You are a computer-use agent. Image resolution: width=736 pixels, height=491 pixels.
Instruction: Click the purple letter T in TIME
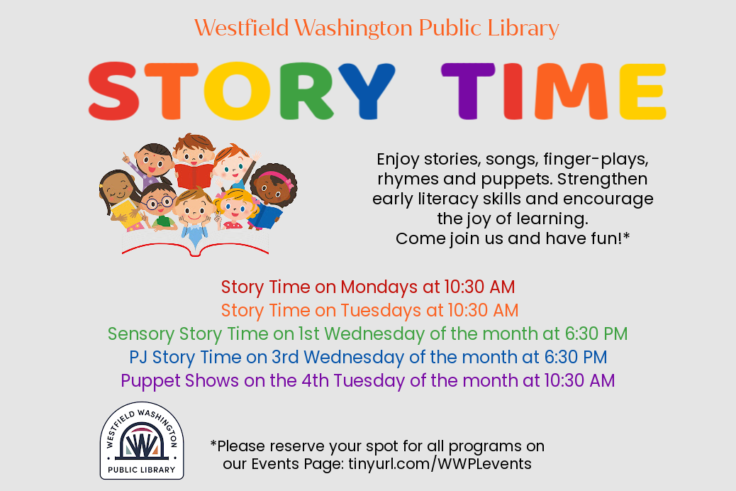468,91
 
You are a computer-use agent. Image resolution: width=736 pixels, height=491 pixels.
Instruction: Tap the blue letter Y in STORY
367,91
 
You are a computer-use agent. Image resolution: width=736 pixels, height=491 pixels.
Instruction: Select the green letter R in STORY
306,91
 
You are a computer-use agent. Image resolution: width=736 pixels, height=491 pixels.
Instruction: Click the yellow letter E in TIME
642,91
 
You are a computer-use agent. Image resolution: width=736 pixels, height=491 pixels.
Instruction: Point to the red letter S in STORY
114,91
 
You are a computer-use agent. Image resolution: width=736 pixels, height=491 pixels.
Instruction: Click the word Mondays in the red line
379,287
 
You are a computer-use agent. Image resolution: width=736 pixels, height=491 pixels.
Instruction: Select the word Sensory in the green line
141,334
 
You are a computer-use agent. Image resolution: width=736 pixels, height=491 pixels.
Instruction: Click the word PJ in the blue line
138,358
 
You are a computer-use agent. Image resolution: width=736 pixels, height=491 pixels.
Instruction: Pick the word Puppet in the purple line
150,382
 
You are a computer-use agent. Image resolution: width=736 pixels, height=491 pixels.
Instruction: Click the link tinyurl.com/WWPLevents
440,464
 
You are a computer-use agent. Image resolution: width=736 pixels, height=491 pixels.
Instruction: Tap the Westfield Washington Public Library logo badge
142,441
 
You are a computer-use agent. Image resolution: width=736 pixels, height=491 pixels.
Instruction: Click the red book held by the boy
194,175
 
